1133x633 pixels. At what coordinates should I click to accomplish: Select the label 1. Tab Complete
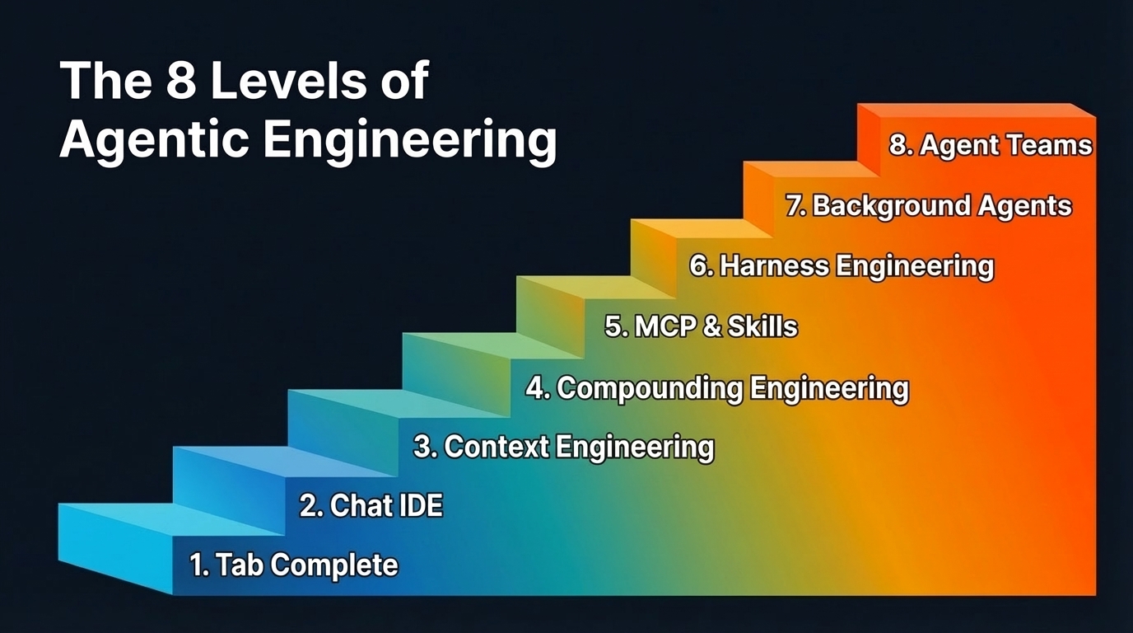[x=294, y=565]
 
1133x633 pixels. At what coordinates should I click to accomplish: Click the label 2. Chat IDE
[x=371, y=505]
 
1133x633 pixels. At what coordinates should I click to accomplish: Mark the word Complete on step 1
[x=333, y=565]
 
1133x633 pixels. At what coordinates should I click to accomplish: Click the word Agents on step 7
[x=1024, y=205]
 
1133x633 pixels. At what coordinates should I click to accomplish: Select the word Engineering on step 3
[x=635, y=447]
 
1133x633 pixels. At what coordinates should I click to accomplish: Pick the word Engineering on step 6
[x=914, y=265]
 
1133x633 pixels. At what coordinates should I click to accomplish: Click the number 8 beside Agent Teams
[x=898, y=146]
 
